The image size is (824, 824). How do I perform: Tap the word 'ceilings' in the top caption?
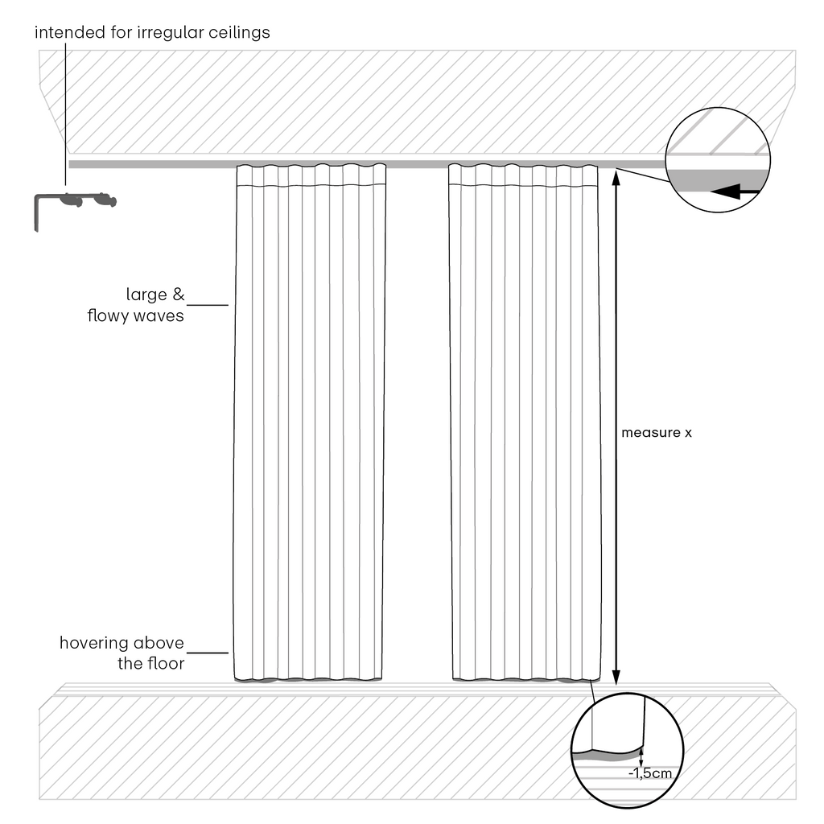(239, 32)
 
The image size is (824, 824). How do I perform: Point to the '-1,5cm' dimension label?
(650, 773)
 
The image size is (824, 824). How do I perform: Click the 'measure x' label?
(657, 432)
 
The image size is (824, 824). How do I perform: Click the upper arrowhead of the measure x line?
(616, 177)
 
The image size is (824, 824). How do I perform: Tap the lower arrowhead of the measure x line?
(616, 678)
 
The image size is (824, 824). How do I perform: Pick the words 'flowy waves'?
(135, 315)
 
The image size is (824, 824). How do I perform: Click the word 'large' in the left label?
(146, 295)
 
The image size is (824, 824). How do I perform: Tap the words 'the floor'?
(150, 663)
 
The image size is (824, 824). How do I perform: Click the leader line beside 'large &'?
(208, 305)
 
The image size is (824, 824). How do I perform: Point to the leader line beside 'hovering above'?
(208, 653)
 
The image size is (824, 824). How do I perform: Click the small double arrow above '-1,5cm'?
(641, 758)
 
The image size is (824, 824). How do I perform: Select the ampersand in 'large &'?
(179, 295)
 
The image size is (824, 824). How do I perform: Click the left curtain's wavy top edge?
(311, 166)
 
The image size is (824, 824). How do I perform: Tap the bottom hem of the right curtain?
(526, 679)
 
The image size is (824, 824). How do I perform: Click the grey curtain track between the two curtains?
(418, 164)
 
